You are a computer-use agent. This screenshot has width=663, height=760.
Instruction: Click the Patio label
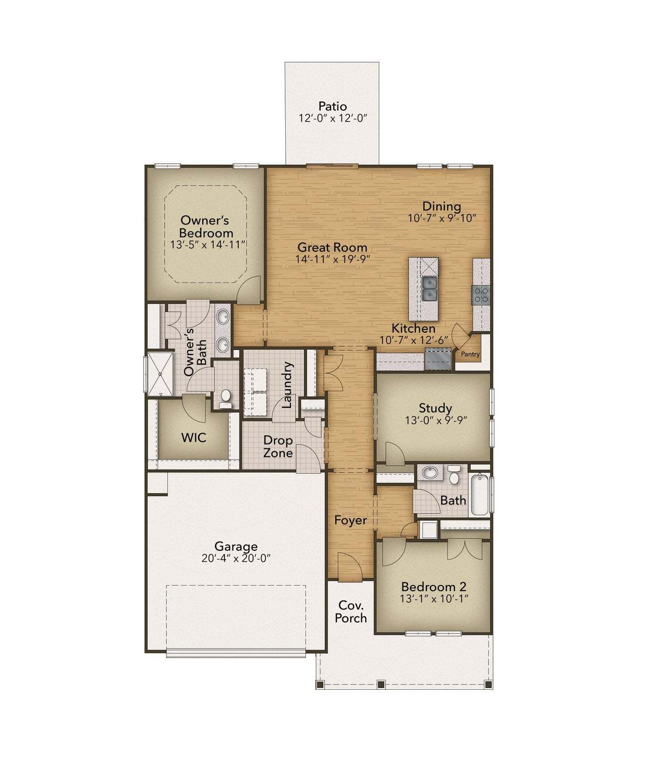(x=332, y=106)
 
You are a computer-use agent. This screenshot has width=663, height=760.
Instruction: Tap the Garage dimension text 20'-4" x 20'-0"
(x=236, y=559)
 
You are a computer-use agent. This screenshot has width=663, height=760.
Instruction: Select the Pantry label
(x=470, y=354)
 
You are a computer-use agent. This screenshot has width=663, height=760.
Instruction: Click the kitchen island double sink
(x=429, y=288)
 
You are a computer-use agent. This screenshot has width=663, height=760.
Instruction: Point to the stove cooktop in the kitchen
(x=481, y=295)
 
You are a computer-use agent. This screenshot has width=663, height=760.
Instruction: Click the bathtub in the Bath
(x=479, y=495)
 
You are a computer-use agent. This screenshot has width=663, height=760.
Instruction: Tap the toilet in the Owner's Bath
(x=226, y=397)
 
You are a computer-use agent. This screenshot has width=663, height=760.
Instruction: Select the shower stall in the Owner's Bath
(x=160, y=373)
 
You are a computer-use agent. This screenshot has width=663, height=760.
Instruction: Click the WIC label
(x=193, y=438)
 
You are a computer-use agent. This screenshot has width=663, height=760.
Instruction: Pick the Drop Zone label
(x=278, y=447)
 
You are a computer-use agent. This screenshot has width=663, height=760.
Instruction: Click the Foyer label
(x=350, y=521)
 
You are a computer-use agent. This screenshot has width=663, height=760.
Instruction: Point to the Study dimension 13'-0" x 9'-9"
(x=436, y=421)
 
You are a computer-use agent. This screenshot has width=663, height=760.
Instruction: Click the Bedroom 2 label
(x=434, y=587)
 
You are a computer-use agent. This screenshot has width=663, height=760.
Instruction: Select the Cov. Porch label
(x=351, y=612)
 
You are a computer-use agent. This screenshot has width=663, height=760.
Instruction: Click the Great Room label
(x=332, y=247)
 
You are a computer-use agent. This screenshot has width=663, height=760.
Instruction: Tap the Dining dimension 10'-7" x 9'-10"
(x=442, y=218)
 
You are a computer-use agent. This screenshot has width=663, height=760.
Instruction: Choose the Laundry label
(x=287, y=385)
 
